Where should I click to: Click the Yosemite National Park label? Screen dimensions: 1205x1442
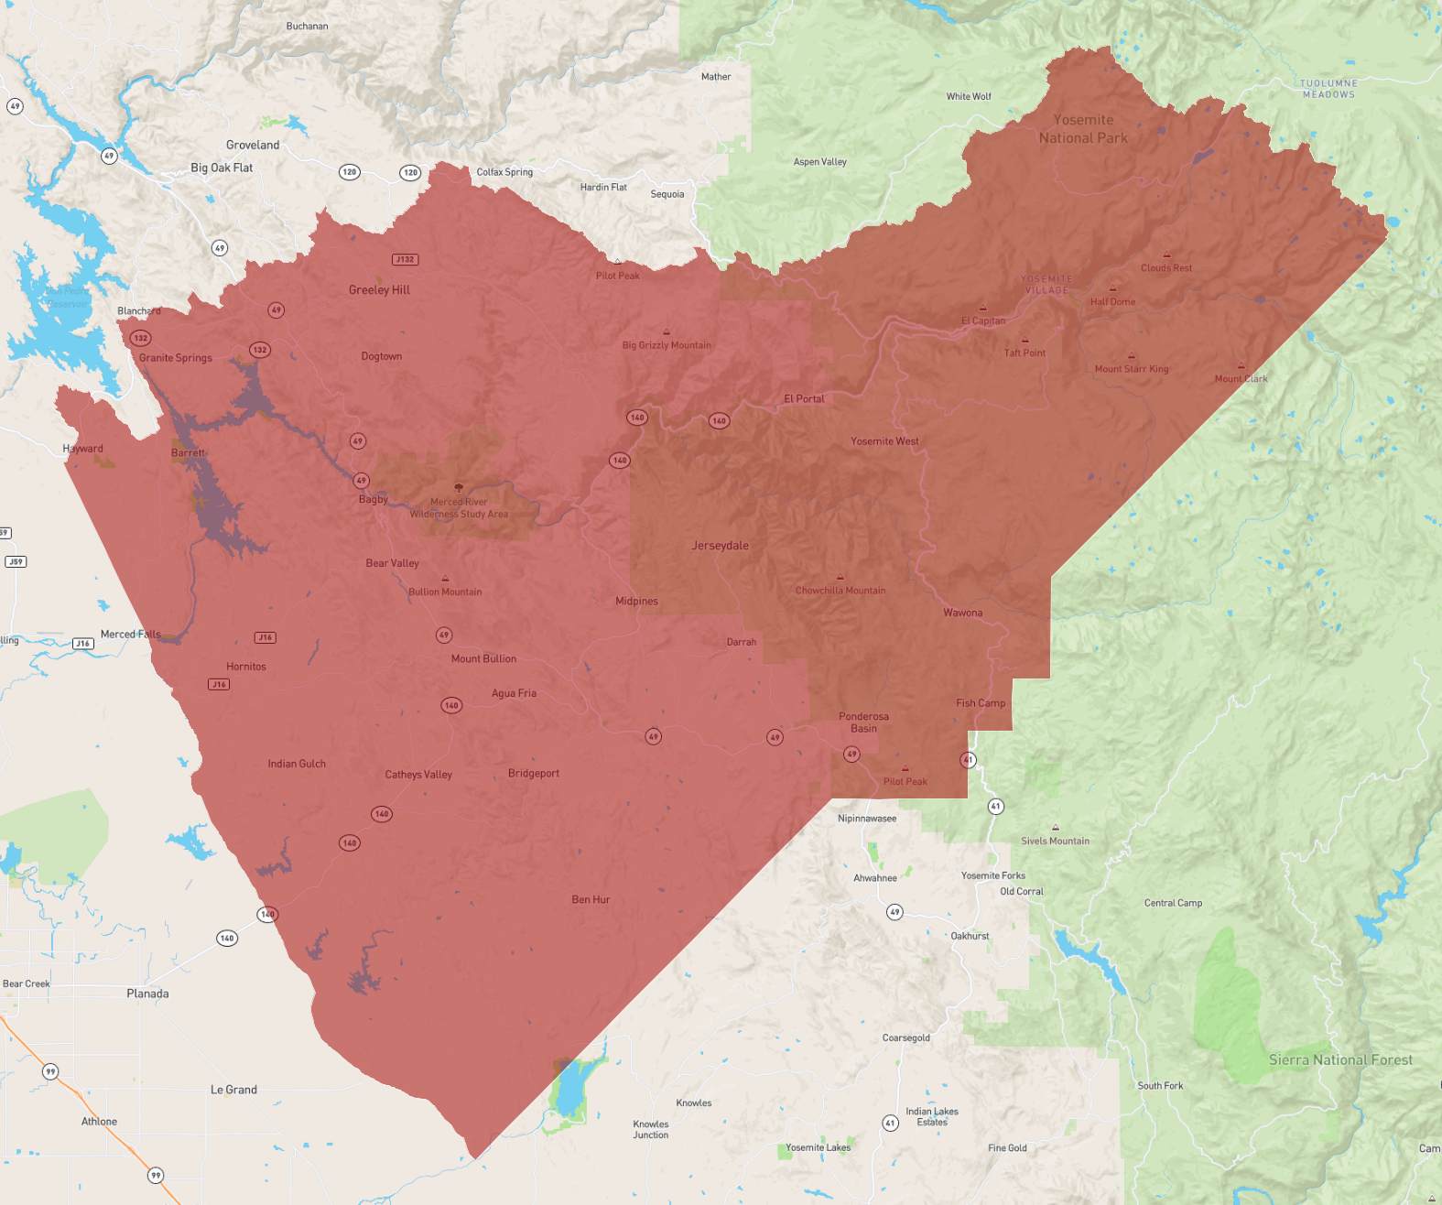[1083, 129]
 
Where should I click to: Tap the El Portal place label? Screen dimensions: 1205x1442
[804, 399]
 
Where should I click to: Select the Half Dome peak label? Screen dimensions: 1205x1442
[1112, 301]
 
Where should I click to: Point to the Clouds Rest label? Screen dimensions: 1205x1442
[1166, 268]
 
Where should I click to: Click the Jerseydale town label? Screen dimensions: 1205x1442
[720, 546]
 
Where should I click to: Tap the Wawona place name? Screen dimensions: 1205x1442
[962, 613]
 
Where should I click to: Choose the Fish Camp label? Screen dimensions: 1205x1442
[981, 703]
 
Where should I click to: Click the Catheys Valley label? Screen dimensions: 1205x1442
[418, 775]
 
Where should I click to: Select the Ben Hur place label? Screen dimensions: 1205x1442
[591, 900]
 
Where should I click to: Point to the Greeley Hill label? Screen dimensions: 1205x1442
[379, 290]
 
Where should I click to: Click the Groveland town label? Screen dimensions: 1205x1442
[253, 146]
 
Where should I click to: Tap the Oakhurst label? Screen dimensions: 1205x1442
[970, 937]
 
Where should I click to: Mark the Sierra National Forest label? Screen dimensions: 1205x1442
[1340, 1060]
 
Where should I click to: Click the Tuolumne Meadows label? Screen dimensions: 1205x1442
[1328, 89]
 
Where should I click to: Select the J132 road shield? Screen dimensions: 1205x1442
[405, 260]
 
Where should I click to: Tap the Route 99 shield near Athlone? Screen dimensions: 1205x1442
[156, 1176]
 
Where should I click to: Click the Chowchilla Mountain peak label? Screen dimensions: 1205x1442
[840, 591]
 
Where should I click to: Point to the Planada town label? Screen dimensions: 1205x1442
[147, 993]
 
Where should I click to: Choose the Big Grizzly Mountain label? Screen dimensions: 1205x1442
[667, 345]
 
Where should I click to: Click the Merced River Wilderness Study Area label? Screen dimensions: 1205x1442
[459, 508]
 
